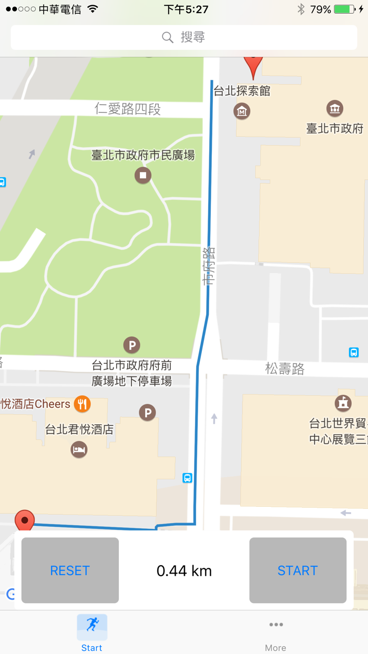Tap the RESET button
pos(70,570)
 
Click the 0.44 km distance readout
pos(184,570)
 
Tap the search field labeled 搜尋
pos(184,37)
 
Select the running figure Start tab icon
pos(92,625)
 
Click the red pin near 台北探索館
pos(253,66)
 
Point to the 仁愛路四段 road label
pos(128,109)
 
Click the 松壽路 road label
pos(284,369)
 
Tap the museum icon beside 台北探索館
pos(242,111)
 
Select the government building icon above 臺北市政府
pos(335,109)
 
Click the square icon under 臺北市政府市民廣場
pos(142,175)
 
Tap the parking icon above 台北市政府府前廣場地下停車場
pos(132,345)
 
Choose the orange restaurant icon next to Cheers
pos(82,404)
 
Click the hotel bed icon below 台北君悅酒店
pos(79,449)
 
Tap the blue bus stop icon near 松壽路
pos(354,352)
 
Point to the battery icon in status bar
pos(344,9)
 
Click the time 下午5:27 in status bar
pos(186,9)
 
